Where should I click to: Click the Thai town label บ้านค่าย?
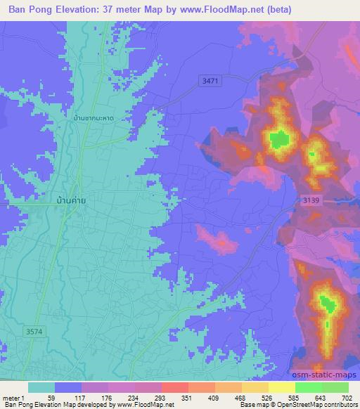(x=72, y=200)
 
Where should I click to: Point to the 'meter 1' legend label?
(x=13, y=398)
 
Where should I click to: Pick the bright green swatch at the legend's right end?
(x=335, y=387)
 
